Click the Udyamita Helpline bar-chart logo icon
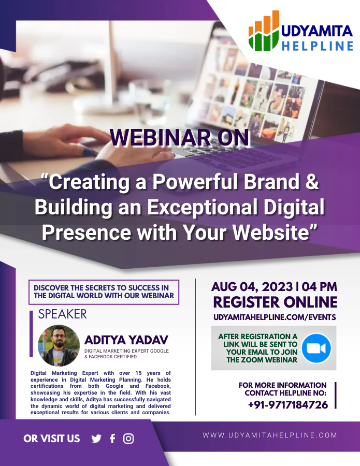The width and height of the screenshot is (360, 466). pos(264,31)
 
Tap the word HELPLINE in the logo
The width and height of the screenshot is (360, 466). pos(318,46)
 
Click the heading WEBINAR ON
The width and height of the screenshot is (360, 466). pos(180,137)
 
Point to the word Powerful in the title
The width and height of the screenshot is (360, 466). pos(196,181)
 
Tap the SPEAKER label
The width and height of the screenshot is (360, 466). pos(63,314)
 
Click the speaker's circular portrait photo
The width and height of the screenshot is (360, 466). pos(59,346)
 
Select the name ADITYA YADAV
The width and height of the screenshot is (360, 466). pos(126,340)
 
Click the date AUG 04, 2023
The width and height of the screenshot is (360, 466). pos(252,287)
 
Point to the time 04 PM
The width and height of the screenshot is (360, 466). pos(320,287)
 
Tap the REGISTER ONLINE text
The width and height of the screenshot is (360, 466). pos(275,302)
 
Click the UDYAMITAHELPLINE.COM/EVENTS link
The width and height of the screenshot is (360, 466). pos(275,317)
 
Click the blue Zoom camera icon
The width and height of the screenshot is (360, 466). pos(316,348)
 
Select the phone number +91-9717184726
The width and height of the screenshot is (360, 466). pos(288,404)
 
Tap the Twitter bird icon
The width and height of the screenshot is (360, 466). pos(96,439)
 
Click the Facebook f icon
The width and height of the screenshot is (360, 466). pos(112,439)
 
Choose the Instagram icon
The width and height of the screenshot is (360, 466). pos(128,439)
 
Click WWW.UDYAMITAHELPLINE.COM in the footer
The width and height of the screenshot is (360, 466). pos(270,435)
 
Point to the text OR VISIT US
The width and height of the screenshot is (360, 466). pos(52,439)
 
